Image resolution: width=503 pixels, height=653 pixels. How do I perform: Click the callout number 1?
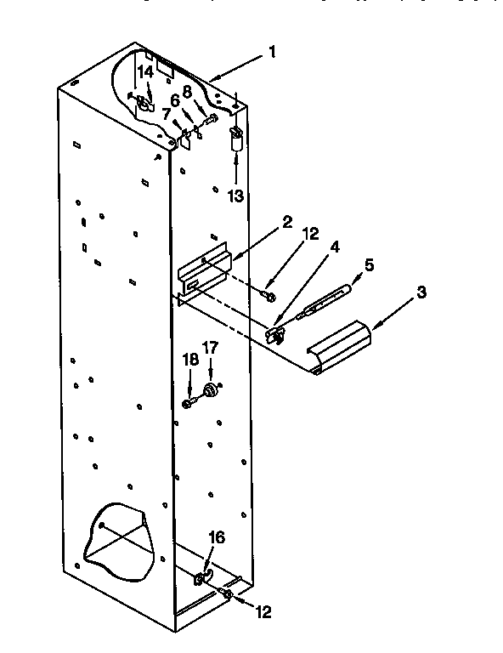[x=272, y=52]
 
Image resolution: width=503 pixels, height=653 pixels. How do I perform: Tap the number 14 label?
[x=146, y=73]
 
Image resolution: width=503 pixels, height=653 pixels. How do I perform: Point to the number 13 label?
[x=235, y=196]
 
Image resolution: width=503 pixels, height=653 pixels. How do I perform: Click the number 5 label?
[x=368, y=264]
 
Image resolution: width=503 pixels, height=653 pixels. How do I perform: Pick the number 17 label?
[x=210, y=347]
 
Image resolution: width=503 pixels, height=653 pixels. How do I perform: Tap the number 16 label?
[x=217, y=537]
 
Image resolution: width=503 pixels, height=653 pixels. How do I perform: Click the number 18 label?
[x=190, y=361]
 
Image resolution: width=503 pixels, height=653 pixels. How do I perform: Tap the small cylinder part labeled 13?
[x=235, y=139]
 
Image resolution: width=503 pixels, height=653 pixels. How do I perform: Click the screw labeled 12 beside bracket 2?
[x=269, y=295]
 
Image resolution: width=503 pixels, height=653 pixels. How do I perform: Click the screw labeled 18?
[x=189, y=401]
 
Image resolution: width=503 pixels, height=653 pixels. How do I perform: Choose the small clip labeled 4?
[x=274, y=334]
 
